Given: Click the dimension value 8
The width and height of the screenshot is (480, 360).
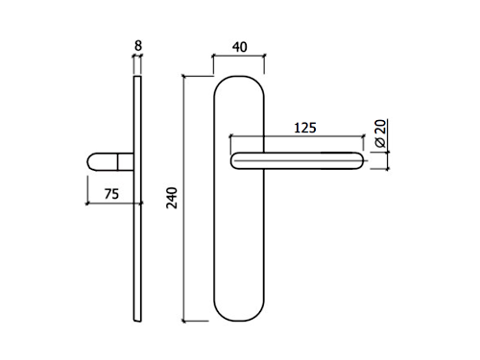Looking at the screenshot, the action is (138, 46).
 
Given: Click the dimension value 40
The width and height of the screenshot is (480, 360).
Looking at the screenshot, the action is (240, 47).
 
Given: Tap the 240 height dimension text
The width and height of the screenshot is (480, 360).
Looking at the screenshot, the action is (172, 198).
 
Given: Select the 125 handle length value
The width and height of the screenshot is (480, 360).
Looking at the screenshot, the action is (305, 128).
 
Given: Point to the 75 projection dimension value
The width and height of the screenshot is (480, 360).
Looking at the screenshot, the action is (111, 194).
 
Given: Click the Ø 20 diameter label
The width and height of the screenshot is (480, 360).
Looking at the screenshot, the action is (380, 133).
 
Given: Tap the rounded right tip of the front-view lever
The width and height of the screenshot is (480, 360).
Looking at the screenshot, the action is (362, 160).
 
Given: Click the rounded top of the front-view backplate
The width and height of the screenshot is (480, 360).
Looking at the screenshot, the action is (239, 76).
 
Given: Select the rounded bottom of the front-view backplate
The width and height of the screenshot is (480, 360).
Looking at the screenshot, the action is (239, 321).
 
